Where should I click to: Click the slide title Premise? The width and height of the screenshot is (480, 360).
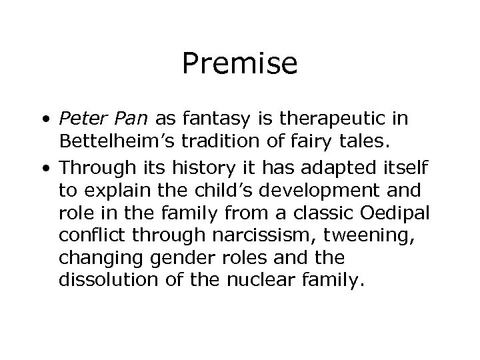pos(239,64)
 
